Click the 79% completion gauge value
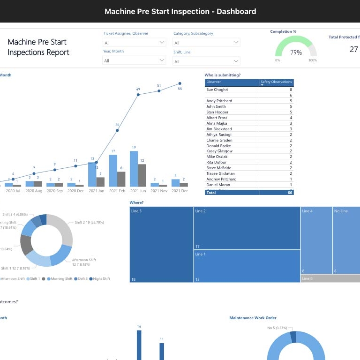click(x=296, y=52)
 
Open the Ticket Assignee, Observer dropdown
click(x=134, y=43)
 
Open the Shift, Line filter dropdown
click(x=206, y=61)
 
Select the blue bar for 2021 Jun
click(x=134, y=169)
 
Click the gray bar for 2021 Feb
click(x=121, y=179)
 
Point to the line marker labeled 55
click(x=180, y=84)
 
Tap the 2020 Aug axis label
click(x=34, y=191)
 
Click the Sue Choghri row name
click(x=217, y=89)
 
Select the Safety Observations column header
click(x=276, y=82)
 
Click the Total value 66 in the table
click(x=290, y=193)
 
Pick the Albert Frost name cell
click(x=216, y=118)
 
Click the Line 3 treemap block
click(x=161, y=244)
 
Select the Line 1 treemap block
click(x=247, y=266)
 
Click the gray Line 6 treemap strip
click(x=330, y=278)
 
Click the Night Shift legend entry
click(x=99, y=279)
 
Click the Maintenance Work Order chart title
click(x=253, y=318)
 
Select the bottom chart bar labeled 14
click(x=139, y=345)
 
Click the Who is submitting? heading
click(x=223, y=75)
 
